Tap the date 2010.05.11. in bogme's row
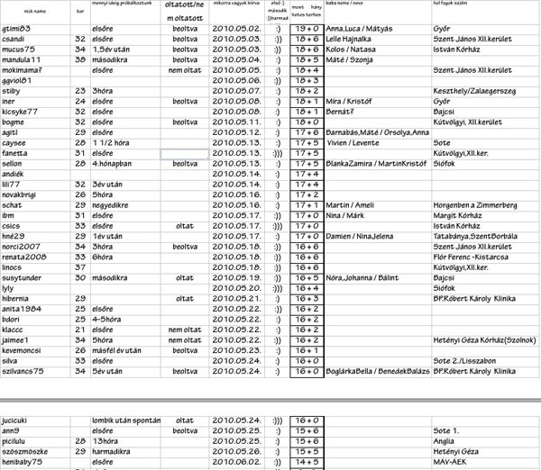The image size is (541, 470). click(x=236, y=121)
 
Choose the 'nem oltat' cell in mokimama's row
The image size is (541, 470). click(x=185, y=70)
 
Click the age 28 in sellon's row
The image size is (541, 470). click(x=80, y=165)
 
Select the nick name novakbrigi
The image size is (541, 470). click(x=20, y=194)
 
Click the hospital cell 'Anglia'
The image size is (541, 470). click(x=444, y=441)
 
